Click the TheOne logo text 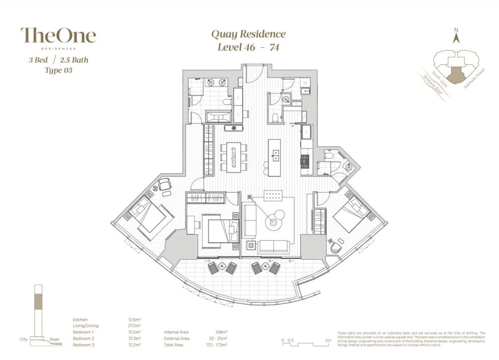click(x=58, y=35)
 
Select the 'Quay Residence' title click(x=248, y=34)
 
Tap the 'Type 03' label click(x=58, y=71)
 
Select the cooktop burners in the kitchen click(x=305, y=161)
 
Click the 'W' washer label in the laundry click(x=304, y=83)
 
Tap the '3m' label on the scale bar click(x=328, y=340)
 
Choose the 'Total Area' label click(x=173, y=345)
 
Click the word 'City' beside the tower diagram click(x=24, y=339)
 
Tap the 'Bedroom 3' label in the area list click(x=83, y=345)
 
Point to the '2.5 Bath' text click(x=74, y=60)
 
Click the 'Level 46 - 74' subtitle click(x=248, y=47)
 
